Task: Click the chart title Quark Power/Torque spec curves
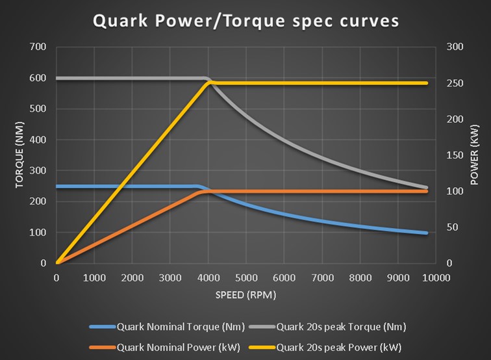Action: pyautogui.click(x=245, y=21)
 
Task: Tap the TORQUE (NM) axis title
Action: pyautogui.click(x=19, y=155)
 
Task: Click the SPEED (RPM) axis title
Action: pyautogui.click(x=245, y=295)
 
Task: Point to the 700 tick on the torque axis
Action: pyautogui.click(x=38, y=47)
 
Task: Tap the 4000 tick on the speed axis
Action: pyautogui.click(x=208, y=277)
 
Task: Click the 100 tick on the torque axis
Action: pyautogui.click(x=38, y=233)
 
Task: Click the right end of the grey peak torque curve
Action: pyautogui.click(x=426, y=188)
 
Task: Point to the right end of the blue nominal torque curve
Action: pyautogui.click(x=426, y=233)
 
